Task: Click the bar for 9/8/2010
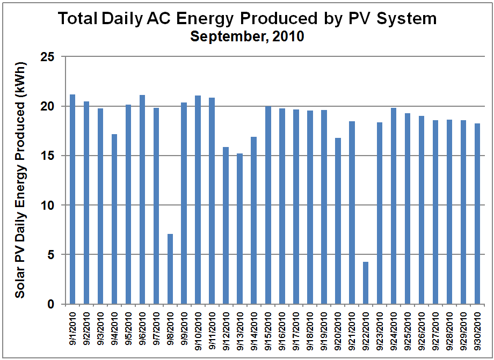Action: [170, 269]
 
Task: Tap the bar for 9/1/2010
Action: [72, 199]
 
